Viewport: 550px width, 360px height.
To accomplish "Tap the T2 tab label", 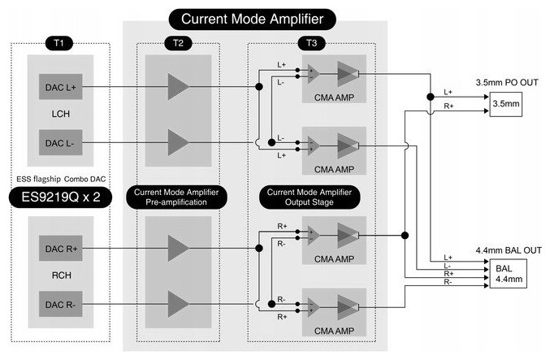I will (178, 41).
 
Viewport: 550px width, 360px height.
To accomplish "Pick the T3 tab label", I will (308, 41).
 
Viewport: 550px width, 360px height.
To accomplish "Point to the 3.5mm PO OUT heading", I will (505, 82).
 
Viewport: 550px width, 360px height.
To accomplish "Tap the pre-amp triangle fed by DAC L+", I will (178, 85).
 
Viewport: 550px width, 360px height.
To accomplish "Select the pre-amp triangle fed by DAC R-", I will (178, 304).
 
